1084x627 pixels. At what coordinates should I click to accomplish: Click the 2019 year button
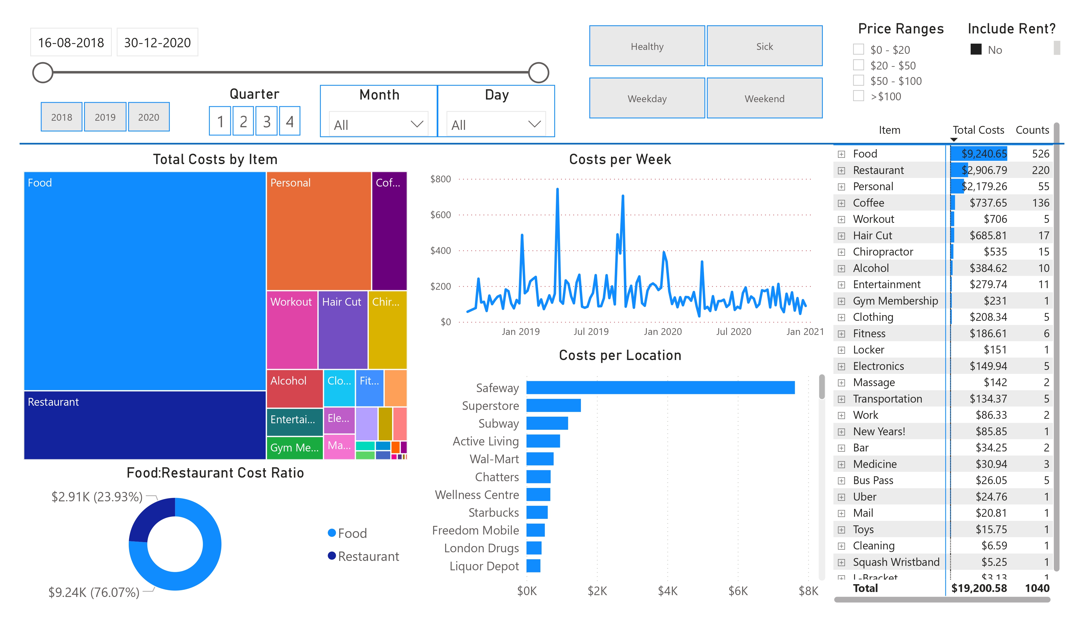pos(105,117)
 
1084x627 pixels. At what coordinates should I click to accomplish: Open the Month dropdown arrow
pos(416,124)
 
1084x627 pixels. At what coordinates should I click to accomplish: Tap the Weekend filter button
pos(764,98)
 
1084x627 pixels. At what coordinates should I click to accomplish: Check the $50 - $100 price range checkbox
pos(858,80)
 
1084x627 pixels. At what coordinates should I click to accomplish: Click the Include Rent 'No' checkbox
pos(976,49)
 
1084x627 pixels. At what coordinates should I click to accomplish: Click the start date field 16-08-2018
pos(71,43)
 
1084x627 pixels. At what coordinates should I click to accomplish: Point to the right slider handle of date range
pos(538,72)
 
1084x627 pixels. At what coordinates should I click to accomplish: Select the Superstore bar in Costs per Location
pos(553,405)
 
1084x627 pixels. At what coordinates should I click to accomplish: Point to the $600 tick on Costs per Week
pos(440,215)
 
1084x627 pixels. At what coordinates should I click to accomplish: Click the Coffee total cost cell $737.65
pos(988,203)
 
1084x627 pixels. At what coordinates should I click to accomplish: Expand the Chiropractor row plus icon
pos(841,252)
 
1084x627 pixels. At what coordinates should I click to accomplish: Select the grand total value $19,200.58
pos(979,588)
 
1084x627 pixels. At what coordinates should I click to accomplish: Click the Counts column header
pos(1032,130)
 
